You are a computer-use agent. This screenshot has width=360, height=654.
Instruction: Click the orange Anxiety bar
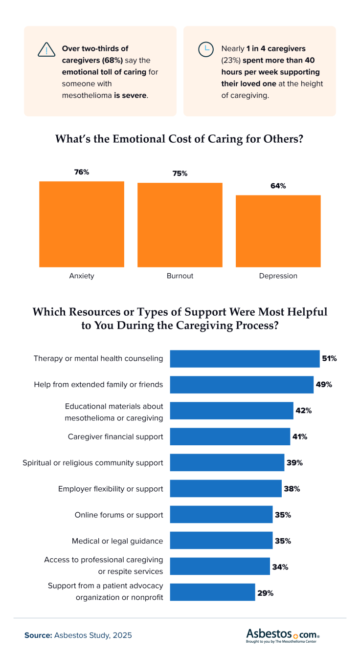point(82,224)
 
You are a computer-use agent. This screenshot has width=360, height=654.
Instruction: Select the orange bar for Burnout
point(180,225)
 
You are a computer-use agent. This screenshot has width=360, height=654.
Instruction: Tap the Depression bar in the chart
point(278,231)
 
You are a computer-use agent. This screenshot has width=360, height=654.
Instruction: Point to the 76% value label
point(82,172)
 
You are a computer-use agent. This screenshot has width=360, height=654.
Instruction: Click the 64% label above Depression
point(278,186)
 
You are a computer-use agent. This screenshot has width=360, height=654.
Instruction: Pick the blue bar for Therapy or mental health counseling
point(245,358)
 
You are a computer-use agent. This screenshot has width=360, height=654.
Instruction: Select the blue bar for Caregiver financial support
point(230,436)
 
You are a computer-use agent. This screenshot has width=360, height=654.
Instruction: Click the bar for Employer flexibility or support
point(225,488)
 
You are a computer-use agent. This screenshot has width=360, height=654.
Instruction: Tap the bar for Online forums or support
point(221,515)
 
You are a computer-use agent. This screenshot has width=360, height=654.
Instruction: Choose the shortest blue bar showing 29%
point(212,593)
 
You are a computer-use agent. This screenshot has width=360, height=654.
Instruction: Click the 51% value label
point(329,358)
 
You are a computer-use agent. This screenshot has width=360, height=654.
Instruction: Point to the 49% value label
point(324,384)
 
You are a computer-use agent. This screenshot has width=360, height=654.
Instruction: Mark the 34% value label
point(280,567)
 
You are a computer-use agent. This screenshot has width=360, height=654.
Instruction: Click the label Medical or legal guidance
point(117,541)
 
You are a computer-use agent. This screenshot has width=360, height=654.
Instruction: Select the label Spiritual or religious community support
point(93,462)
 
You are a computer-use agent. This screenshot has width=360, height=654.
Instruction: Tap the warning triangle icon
point(46,50)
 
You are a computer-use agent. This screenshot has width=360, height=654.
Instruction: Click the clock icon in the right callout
point(205,49)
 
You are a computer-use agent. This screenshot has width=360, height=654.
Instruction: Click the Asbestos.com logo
point(283,635)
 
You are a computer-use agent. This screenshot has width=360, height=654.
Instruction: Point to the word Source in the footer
point(38,635)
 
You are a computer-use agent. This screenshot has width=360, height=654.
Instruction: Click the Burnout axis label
point(180,276)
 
